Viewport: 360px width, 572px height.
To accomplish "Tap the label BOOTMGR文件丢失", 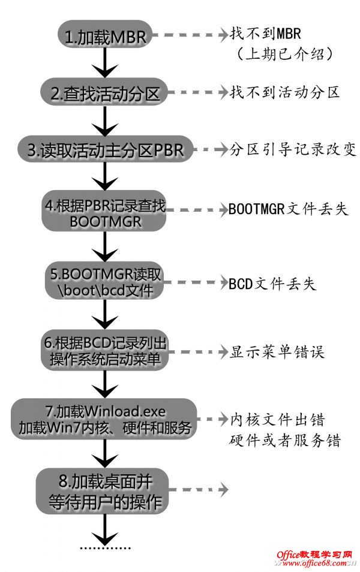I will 288,209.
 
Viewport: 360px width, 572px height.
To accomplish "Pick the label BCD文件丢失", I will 272,282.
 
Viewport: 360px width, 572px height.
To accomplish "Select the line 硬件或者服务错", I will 285,441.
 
